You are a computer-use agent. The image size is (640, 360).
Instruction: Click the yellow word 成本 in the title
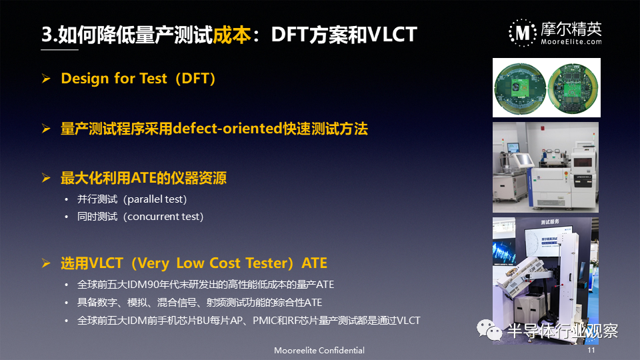tap(231, 34)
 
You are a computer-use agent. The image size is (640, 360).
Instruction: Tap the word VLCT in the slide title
tap(392, 34)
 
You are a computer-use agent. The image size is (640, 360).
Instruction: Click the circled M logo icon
tap(523, 33)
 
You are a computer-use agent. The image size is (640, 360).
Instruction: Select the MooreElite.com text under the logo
tap(571, 41)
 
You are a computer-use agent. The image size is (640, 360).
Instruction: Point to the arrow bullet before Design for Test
tap(46, 78)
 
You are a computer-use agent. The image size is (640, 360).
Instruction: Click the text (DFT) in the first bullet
tap(195, 78)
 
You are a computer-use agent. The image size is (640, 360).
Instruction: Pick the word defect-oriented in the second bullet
tap(228, 129)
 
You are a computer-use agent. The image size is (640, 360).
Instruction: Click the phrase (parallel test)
tap(155, 199)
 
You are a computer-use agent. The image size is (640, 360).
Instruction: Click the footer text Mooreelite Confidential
tap(319, 350)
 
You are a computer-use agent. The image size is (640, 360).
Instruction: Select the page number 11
tap(591, 350)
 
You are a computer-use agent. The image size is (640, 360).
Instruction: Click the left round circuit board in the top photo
tap(520, 89)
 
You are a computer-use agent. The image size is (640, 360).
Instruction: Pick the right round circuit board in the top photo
tap(573, 89)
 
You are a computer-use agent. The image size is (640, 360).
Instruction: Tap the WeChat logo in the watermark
tap(489, 330)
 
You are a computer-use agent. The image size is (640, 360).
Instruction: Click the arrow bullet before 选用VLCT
tap(46, 263)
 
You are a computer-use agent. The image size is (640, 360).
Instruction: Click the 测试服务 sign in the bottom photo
tap(550, 222)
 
